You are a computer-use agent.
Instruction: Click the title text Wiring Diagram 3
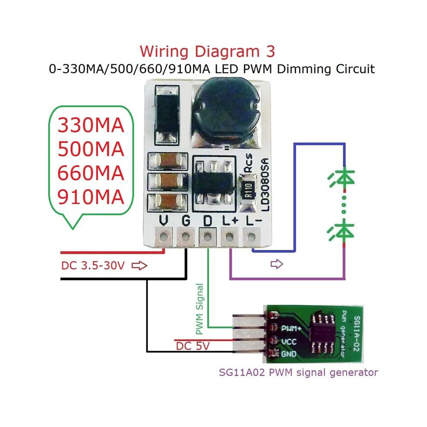pos(207,52)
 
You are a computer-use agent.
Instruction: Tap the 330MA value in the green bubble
pos(91,125)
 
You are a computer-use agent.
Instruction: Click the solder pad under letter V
pos(163,237)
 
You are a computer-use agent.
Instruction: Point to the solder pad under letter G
pos(185,237)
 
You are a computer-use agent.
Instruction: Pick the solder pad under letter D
pos(207,237)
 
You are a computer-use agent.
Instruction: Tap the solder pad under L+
pos(229,237)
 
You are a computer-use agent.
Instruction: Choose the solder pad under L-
pos(251,237)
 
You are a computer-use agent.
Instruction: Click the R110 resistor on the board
pos(248,190)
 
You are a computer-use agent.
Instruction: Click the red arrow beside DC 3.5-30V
pos(139,266)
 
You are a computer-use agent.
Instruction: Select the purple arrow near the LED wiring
pos(276,264)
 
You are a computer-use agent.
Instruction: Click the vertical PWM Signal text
pos(200,309)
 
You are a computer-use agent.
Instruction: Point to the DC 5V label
pos(193,346)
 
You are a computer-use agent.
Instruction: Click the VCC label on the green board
pos(289,342)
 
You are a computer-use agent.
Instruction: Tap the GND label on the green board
pos(289,354)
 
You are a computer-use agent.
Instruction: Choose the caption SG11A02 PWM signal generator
pos(298,372)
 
